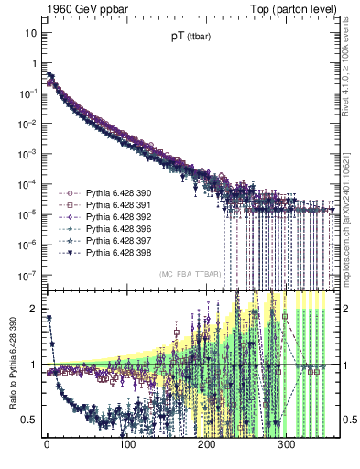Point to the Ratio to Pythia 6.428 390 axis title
[x=12, y=365]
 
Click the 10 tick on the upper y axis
[x=30, y=33]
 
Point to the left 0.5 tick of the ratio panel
[x=28, y=420]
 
